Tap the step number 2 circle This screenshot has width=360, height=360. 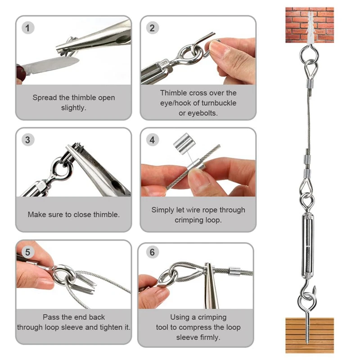tap(152, 28)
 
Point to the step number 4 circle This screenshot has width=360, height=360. tap(152, 140)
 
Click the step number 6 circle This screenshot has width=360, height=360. tap(152, 252)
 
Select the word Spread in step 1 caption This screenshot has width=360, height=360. tap(44, 98)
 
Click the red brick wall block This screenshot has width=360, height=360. tap(310, 25)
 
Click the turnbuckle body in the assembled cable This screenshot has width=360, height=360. tap(308, 245)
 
